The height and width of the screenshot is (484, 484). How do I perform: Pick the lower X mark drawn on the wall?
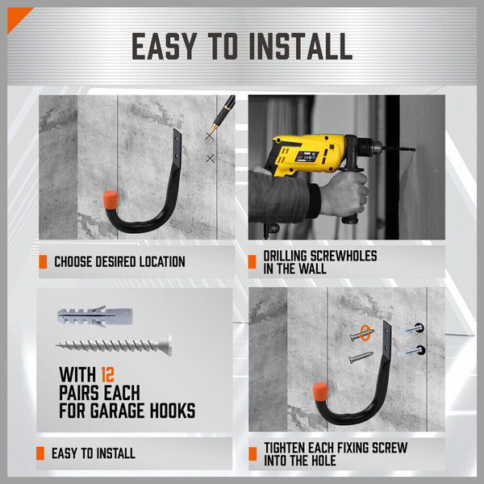tap(211, 159)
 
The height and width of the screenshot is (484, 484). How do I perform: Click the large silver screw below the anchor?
tap(113, 344)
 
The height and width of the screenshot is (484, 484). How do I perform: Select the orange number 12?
tap(109, 375)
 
